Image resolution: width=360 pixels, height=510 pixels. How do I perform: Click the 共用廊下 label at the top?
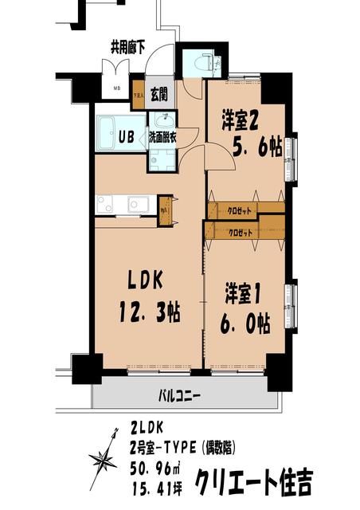[127, 47]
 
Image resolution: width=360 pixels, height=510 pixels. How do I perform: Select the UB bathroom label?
[127, 134]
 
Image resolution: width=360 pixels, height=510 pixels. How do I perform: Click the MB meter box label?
[116, 88]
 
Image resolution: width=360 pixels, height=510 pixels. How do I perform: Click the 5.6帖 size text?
[251, 148]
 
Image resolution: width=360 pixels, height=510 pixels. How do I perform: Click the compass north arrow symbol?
[103, 461]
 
